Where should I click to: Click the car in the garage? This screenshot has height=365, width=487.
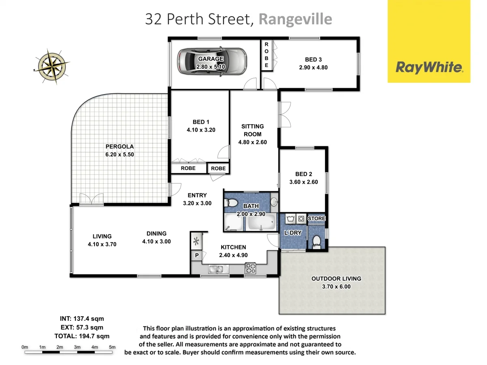(212, 62)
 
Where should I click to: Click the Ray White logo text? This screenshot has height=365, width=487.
(429, 67)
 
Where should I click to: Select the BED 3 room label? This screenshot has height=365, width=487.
(310, 60)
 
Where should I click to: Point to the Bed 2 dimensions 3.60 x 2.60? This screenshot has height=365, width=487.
(304, 182)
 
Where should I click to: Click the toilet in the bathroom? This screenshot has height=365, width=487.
(232, 202)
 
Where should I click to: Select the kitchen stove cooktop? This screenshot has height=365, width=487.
(250, 268)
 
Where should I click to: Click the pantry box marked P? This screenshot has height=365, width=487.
(196, 255)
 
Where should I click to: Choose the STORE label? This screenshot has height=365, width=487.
(317, 219)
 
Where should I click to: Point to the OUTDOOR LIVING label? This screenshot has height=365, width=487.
(336, 279)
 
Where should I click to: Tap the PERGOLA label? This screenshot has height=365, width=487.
(120, 146)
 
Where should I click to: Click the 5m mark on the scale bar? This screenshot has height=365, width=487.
(112, 347)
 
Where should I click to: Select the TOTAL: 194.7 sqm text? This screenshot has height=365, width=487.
(82, 336)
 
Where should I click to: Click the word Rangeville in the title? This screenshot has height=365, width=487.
(295, 19)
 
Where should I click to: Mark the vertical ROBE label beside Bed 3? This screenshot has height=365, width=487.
(266, 55)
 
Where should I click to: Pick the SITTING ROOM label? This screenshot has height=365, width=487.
(252, 130)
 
